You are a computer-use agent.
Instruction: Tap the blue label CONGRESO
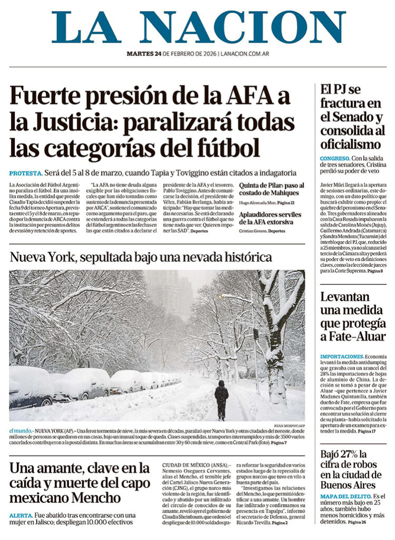(335, 158)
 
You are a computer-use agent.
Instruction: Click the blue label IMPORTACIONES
(342, 356)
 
